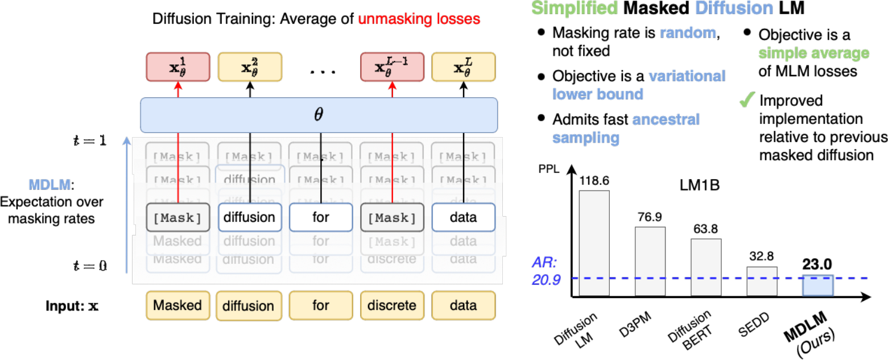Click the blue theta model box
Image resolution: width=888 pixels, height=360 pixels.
[319, 115]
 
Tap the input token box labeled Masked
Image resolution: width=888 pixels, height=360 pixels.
[178, 305]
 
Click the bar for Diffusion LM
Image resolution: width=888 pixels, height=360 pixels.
[594, 243]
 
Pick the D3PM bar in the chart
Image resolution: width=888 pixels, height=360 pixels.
[650, 261]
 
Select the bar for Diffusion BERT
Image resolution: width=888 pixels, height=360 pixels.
[706, 267]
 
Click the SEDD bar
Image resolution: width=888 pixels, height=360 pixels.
[762, 281]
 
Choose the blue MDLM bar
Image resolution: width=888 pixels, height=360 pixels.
[818, 285]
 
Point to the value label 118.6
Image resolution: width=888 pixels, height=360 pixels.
[594, 180]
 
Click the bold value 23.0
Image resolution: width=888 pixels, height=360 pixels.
[818, 264]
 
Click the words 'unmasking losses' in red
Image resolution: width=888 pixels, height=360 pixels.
[419, 18]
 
